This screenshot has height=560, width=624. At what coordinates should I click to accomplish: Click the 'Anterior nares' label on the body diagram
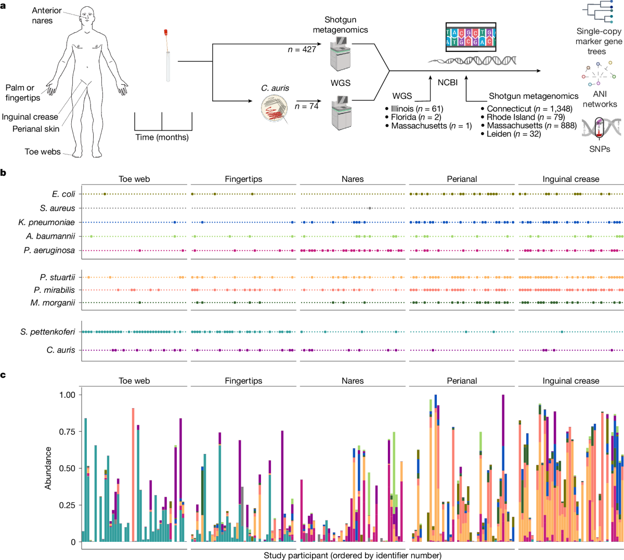(46, 15)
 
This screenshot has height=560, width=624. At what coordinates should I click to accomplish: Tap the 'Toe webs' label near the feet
(43, 152)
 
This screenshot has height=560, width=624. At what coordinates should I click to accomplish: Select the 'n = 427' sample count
(302, 49)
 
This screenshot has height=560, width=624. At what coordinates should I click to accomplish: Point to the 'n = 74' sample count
(306, 106)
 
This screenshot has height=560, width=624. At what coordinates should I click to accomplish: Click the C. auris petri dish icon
(275, 108)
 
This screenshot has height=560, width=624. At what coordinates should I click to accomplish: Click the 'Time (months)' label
(162, 137)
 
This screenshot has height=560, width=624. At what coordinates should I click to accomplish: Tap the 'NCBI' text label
(447, 83)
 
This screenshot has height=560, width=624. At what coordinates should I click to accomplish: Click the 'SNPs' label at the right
(600, 149)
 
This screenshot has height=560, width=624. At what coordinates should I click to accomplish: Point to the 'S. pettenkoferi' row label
(48, 332)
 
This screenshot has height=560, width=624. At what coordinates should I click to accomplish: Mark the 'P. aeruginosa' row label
(49, 251)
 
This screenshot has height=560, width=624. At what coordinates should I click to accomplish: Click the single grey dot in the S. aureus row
(369, 208)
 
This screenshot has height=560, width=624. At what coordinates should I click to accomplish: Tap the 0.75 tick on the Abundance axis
(67, 432)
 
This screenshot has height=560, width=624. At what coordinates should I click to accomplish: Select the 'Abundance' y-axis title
(48, 468)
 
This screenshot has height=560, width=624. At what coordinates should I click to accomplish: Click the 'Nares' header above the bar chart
(353, 381)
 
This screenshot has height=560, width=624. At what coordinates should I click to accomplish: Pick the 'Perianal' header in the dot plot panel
(462, 179)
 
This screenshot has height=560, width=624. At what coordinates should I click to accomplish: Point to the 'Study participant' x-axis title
(353, 555)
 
